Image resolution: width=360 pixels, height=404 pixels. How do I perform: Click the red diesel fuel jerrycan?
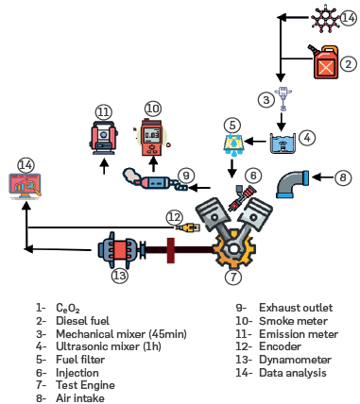coord(325,62)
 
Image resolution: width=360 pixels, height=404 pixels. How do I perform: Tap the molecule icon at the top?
coord(325,19)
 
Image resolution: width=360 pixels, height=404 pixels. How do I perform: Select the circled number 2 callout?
coord(349,64)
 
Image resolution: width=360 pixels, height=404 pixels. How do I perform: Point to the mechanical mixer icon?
coord(283,98)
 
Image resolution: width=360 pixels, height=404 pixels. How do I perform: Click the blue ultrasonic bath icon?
coord(283,143)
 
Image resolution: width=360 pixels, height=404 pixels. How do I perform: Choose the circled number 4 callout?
coord(307,138)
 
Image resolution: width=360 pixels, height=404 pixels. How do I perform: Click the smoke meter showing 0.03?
coord(153,138)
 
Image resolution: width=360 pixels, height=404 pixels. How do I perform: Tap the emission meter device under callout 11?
coord(104,138)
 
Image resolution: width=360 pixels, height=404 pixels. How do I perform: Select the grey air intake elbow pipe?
coord(291,184)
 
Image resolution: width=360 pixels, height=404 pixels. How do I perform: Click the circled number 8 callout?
coord(343,177)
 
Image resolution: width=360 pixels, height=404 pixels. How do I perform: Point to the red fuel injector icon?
coord(242,197)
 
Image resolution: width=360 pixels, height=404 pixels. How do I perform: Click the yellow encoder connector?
coord(188,227)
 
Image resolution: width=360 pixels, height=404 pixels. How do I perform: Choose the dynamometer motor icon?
coord(120,250)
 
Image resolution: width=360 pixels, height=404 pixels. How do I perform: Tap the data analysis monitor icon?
coord(26,186)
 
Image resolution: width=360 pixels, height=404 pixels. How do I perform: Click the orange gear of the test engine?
coord(233,249)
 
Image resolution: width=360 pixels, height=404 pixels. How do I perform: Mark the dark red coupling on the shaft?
coord(170,250)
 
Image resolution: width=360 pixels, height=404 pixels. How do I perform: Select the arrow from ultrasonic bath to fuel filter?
coord(255,142)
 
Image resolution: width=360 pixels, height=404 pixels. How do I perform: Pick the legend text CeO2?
coord(68,308)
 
